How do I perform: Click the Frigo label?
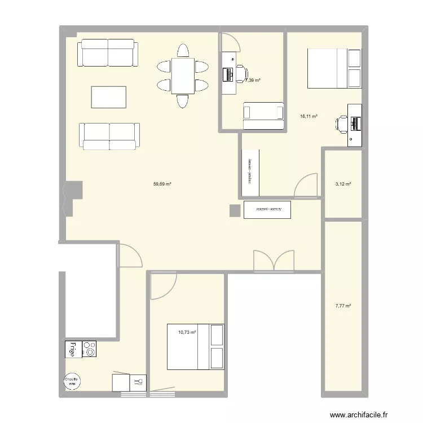point(72,350)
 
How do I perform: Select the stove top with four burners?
point(89,350)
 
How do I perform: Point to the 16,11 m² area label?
point(309,116)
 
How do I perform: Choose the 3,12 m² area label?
point(343,184)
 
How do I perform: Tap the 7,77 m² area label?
point(343,306)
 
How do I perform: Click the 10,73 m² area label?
point(187,332)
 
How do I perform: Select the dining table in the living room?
point(183,76)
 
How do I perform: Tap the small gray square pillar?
point(235,210)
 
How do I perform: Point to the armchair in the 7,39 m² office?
point(263,115)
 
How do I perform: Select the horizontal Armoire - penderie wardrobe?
point(267,209)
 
